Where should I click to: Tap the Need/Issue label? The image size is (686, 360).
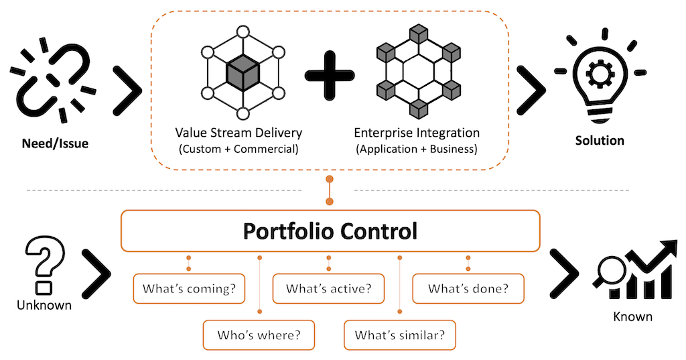(x=52, y=142)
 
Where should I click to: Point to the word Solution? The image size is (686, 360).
(x=600, y=141)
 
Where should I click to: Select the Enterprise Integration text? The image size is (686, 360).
(x=417, y=133)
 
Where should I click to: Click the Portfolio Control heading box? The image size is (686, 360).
(x=330, y=231)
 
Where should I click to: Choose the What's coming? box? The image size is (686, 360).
(x=189, y=289)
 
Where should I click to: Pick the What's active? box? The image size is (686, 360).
(x=328, y=289)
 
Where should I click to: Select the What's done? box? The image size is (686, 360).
(x=468, y=289)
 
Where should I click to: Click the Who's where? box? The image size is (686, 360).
(x=259, y=335)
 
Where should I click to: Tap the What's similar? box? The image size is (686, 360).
(x=399, y=335)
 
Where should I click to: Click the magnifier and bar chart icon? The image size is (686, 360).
(x=633, y=272)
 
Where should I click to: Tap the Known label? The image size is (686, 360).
(x=632, y=316)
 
